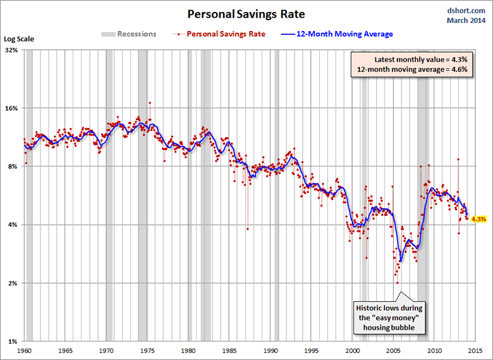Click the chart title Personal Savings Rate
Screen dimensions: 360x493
[246, 14]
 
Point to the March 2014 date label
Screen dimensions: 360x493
[466, 21]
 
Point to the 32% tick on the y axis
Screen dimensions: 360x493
[11, 50]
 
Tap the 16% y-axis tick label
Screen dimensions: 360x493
[11, 108]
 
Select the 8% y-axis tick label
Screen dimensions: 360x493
[13, 166]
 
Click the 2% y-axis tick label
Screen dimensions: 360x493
[13, 283]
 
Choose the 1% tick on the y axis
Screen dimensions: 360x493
[13, 342]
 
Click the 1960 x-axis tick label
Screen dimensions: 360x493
[25, 350]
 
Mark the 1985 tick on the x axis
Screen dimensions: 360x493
[229, 350]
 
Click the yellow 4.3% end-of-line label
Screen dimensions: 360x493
[478, 219]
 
